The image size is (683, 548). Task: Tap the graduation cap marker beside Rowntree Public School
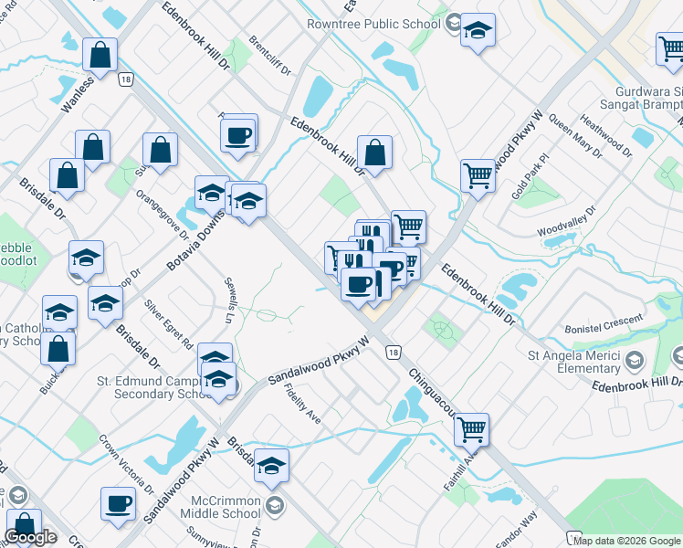point(478,31)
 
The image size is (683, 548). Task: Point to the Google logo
point(30,536)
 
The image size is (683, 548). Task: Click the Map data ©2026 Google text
point(627,541)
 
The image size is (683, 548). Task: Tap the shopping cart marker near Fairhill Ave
point(471,429)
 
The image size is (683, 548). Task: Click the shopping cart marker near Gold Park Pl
point(478,174)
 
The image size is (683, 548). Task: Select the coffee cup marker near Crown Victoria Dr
point(119,503)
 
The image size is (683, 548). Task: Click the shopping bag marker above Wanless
point(100,55)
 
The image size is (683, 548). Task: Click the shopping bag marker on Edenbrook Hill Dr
point(374,153)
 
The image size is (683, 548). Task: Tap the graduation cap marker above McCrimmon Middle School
point(271,467)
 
